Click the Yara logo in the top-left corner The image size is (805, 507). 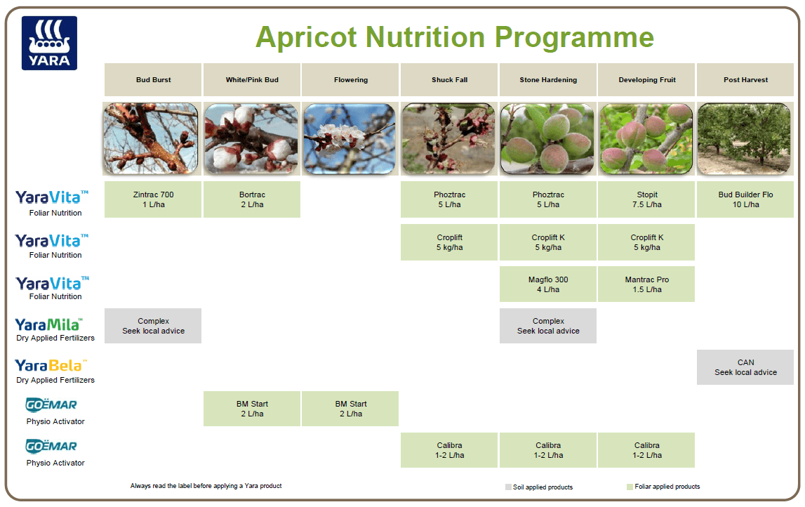coord(49,43)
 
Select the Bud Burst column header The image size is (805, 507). coord(153,80)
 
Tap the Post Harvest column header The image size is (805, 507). coord(745,80)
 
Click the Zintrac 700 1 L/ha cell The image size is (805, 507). coord(153,199)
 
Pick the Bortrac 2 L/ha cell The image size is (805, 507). coord(252,199)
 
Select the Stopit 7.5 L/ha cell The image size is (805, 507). coord(647,199)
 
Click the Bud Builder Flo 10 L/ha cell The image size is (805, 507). coord(745,199)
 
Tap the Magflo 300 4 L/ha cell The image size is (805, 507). coord(548,284)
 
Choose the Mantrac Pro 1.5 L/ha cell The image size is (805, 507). coord(647,284)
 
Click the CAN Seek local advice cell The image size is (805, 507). coord(745,367)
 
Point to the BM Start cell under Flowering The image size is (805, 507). coord(351,409)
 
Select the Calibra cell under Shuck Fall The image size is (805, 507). coord(449,450)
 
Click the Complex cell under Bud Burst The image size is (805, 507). coord(153,326)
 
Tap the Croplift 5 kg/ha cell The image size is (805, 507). coord(449,242)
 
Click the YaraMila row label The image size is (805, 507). coord(49,329)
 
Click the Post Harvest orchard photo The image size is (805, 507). coord(745,139)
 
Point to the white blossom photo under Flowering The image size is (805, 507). coord(351,139)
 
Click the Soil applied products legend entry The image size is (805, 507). coord(539,487)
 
